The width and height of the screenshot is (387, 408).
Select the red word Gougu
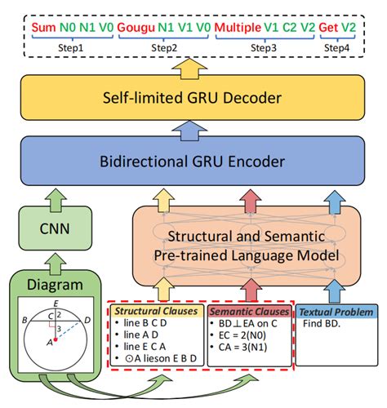pos(137,27)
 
